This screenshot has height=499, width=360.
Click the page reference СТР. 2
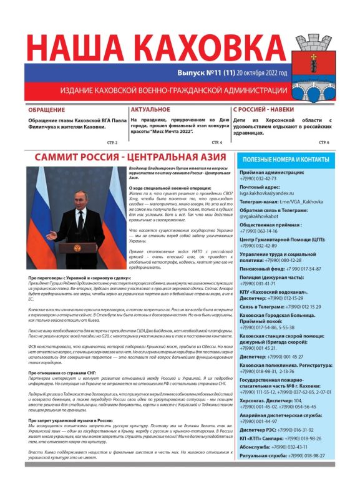pyautogui.click(x=113, y=143)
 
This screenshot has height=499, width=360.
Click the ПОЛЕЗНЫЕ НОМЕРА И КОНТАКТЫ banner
pyautogui.click(x=285, y=160)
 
